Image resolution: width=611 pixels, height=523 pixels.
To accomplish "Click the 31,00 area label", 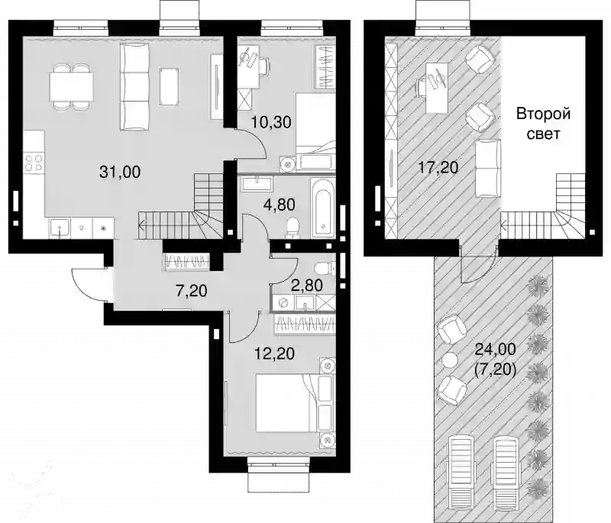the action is click(120, 171).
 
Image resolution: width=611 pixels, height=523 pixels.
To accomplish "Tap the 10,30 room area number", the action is click(271, 122).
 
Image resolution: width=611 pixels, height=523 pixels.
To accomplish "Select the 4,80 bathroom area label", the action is click(278, 204).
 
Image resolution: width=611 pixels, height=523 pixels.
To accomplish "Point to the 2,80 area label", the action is click(307, 286).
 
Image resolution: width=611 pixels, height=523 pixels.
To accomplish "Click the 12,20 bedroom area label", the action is click(274, 354).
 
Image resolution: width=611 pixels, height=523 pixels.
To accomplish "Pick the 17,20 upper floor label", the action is click(438, 167).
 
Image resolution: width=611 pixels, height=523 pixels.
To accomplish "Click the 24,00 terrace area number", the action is click(495, 349).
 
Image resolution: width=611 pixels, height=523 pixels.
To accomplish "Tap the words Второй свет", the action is click(543, 124).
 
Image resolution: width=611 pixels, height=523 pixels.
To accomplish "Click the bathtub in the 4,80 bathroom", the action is click(322, 207).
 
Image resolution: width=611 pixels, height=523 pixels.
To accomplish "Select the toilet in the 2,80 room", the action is click(323, 268).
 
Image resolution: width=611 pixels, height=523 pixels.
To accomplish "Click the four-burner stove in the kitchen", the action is click(34, 163).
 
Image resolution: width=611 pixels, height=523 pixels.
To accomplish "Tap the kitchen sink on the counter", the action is click(60, 227).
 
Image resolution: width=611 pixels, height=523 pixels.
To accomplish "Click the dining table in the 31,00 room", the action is click(71, 86).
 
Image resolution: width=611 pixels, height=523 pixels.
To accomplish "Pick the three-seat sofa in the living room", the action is click(135, 86).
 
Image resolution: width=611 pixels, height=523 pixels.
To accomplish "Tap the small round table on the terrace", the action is click(449, 359).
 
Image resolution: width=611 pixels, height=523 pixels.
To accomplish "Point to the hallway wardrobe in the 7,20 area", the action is click(187, 261).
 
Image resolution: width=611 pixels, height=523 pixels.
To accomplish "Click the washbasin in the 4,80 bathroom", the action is click(257, 183).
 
